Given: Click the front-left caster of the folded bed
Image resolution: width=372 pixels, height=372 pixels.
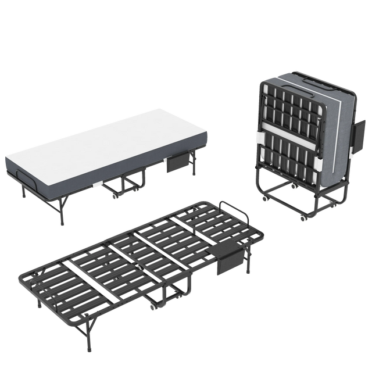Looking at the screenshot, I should (264, 198).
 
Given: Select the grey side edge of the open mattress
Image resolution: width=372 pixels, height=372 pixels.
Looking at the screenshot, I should (105, 174).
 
